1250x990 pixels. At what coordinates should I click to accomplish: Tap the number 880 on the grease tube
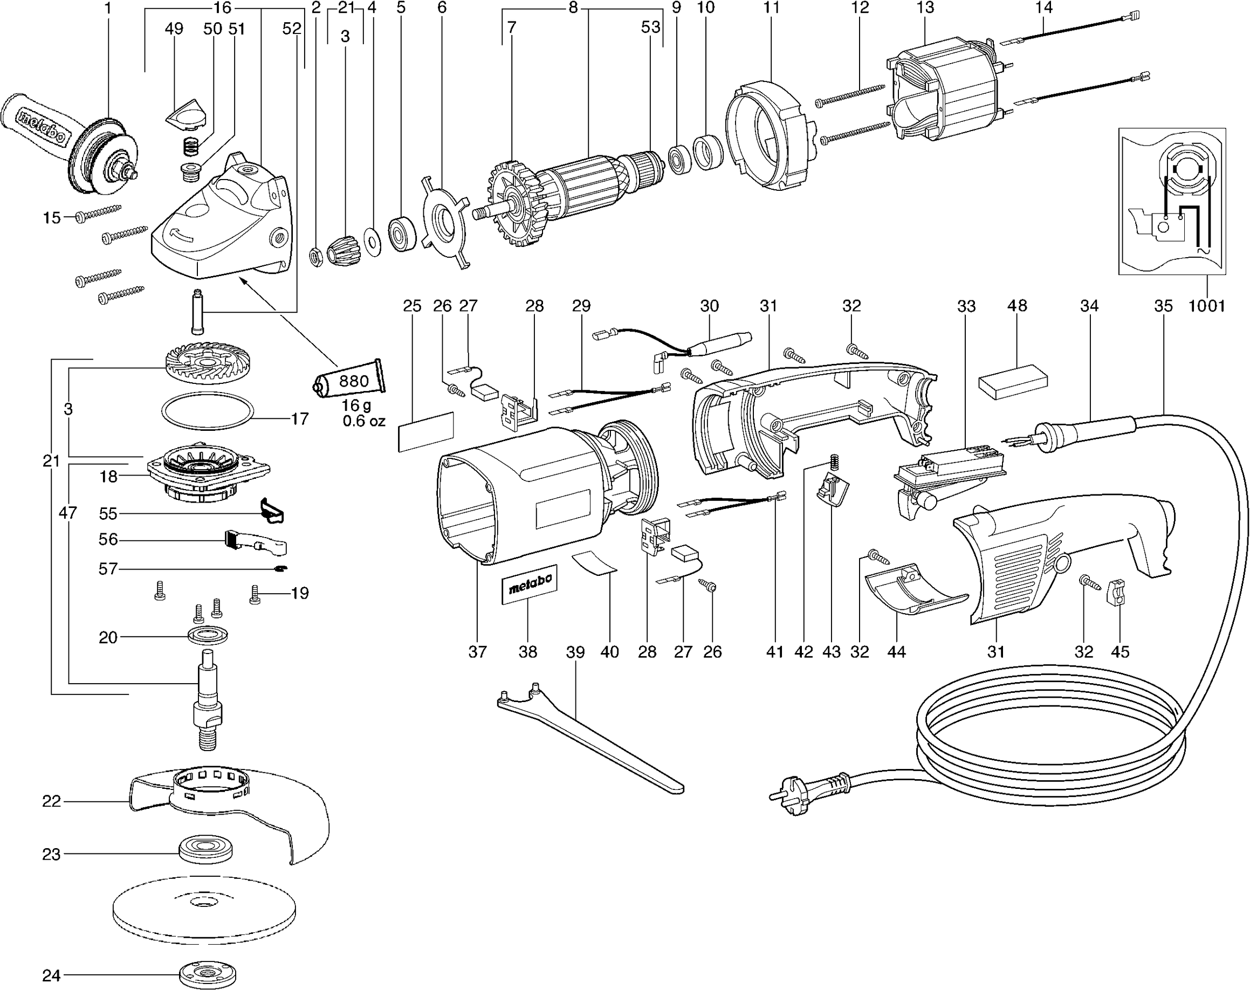[354, 381]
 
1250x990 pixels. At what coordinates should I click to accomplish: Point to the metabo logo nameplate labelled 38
[529, 585]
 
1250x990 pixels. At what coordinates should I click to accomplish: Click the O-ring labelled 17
[207, 411]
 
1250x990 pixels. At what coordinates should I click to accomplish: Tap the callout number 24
[51, 975]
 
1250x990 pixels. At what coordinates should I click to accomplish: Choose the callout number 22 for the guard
[51, 801]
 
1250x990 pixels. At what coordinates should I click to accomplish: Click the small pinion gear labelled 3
[341, 250]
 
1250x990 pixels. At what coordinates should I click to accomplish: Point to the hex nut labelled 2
[316, 256]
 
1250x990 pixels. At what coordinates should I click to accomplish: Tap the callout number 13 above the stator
[925, 8]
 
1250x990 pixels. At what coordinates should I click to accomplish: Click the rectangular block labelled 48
[1013, 382]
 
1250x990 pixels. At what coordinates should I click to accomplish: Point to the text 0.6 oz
[363, 421]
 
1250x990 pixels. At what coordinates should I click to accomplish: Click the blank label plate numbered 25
[426, 431]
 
